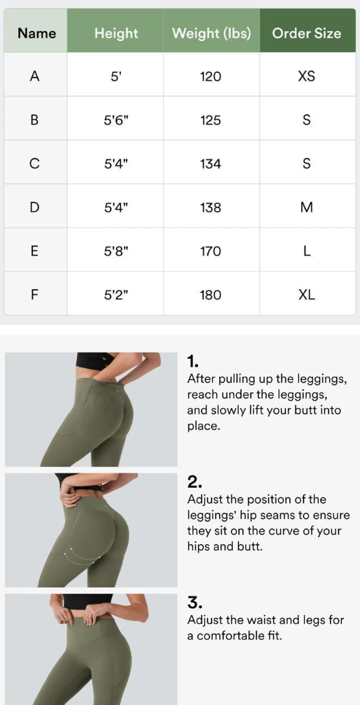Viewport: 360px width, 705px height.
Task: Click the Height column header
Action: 116,33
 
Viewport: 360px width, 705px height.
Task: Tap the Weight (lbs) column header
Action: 211,33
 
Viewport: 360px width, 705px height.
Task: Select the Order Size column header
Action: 306,33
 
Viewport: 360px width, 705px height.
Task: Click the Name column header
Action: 37,33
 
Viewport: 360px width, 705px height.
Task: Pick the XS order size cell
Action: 306,76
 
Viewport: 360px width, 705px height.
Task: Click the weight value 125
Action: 211,120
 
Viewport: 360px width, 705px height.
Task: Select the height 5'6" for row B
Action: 116,120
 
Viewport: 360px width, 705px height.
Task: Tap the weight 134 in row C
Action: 211,164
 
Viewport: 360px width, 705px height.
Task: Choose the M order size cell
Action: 306,208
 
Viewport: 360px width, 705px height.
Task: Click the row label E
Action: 34,251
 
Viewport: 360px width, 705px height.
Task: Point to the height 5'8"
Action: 116,251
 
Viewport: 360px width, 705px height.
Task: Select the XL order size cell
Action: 306,295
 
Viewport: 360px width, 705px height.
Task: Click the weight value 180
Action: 211,295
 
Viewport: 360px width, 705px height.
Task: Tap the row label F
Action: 34,295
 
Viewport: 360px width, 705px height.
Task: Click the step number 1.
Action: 192,361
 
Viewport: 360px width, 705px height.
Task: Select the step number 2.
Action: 194,482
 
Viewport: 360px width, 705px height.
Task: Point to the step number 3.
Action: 194,603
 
